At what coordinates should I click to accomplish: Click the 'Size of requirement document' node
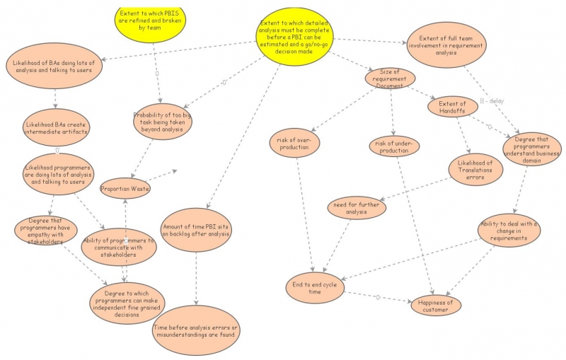pyautogui.click(x=390, y=79)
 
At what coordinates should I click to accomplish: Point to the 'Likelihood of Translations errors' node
pyautogui.click(x=475, y=170)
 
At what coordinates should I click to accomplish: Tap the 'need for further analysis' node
pyautogui.click(x=357, y=208)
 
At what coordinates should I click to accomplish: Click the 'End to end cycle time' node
pyautogui.click(x=316, y=288)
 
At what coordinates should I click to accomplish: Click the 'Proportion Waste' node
pyautogui.click(x=125, y=189)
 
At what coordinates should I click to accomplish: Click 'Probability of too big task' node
pyautogui.click(x=163, y=121)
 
